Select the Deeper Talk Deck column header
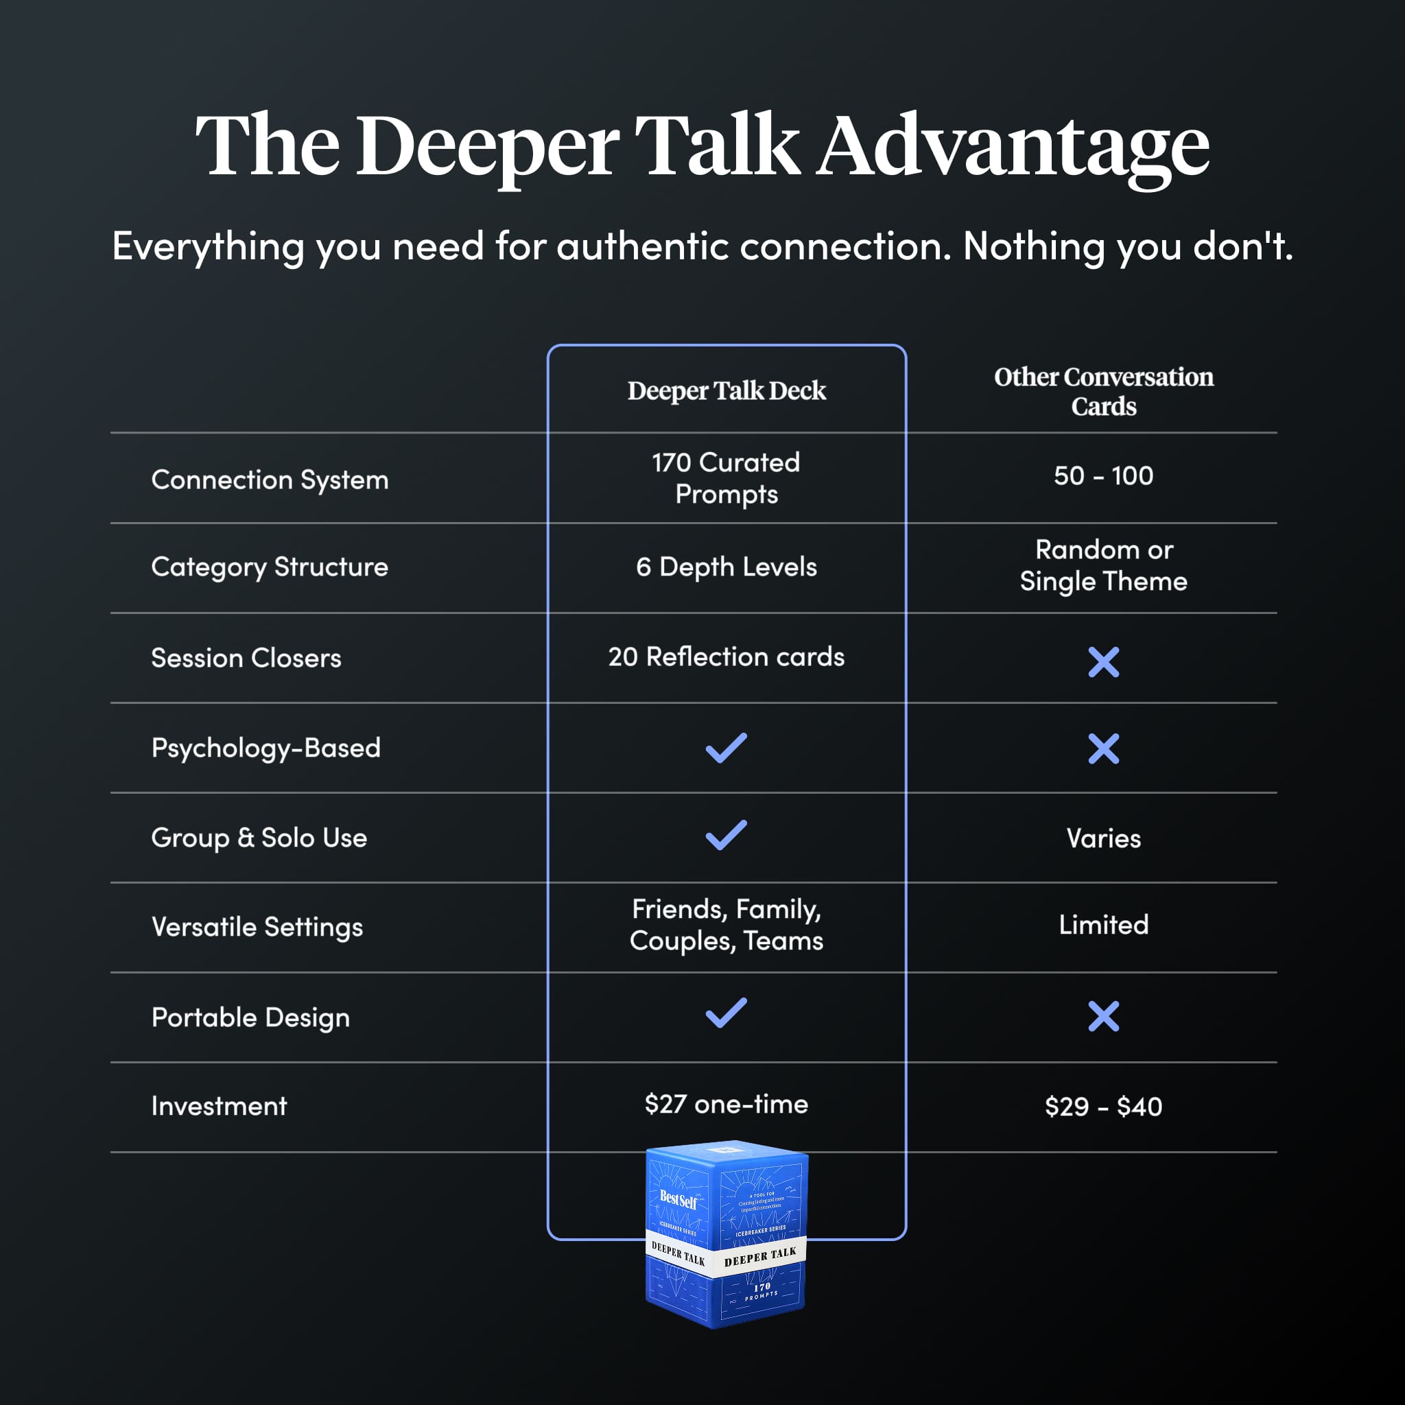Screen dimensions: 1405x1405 pos(727,390)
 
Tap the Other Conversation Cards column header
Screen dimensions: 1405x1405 pos(1103,391)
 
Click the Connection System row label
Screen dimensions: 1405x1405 pos(270,480)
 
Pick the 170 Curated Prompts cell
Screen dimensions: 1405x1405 pos(727,477)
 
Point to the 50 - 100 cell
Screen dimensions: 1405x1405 pos(1103,475)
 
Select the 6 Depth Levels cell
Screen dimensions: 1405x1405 pos(727,567)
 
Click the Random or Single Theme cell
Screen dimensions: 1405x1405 pos(1103,565)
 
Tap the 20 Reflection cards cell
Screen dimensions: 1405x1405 pos(727,657)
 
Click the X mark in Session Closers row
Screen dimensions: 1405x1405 pos(1103,662)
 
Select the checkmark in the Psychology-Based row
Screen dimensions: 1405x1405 pos(727,748)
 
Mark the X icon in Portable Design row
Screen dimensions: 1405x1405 pos(1103,1016)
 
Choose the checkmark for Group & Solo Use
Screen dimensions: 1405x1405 pos(727,835)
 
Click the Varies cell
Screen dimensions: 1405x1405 pos(1103,838)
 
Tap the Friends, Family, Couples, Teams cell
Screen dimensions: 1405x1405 pos(727,924)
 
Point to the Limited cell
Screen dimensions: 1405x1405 pos(1103,925)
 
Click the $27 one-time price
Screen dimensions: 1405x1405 pos(727,1104)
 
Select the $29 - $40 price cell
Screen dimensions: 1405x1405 pos(1103,1107)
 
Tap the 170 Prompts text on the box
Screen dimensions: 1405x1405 pos(761,1291)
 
